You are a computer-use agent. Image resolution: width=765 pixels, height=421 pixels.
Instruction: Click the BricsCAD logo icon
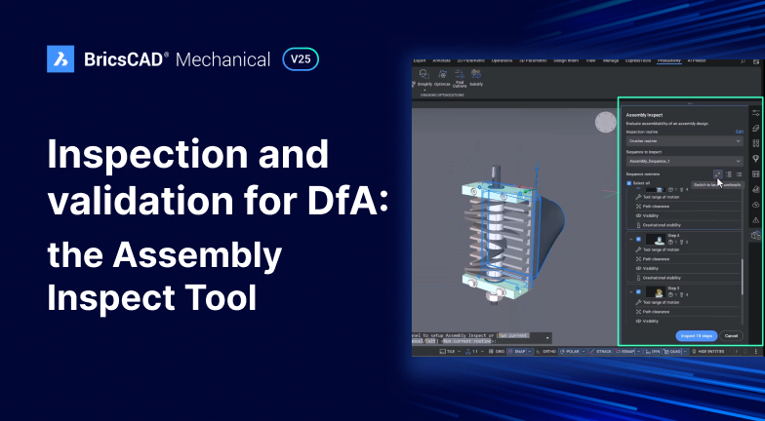pos(60,59)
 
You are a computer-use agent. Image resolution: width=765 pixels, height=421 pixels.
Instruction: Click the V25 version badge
pos(300,59)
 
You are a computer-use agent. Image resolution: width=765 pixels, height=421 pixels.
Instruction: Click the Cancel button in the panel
pos(731,335)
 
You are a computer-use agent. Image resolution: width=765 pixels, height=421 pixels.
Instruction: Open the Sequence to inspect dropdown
pos(684,160)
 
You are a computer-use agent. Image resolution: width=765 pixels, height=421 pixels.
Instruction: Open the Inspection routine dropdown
pos(684,140)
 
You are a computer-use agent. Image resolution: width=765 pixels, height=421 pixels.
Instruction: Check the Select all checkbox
pos(629,182)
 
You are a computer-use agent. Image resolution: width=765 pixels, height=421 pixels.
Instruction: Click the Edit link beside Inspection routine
pos(739,130)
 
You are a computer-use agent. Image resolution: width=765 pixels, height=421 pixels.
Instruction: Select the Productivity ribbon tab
pos(668,60)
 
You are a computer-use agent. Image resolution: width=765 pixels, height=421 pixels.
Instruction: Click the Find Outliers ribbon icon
pos(460,84)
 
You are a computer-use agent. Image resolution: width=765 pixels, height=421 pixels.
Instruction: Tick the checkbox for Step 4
pos(638,239)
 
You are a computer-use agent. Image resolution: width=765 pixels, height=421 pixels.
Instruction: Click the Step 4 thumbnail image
pos(652,239)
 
